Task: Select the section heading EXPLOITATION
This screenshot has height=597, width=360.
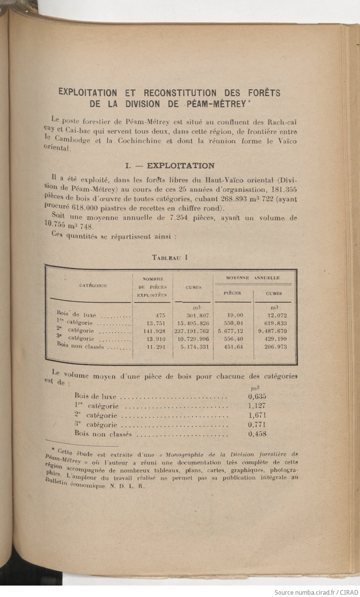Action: [180, 165]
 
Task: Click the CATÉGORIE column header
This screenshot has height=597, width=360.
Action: [93, 285]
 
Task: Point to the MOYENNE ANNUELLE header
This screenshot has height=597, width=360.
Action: [253, 278]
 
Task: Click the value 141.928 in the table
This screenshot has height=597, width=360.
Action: [155, 331]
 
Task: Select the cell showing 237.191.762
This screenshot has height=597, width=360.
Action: [192, 331]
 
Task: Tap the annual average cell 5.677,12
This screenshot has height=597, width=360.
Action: [230, 331]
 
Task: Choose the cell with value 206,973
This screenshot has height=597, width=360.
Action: [275, 347]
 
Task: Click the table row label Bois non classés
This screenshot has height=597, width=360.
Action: [80, 347]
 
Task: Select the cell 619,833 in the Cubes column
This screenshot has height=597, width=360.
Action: [275, 323]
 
